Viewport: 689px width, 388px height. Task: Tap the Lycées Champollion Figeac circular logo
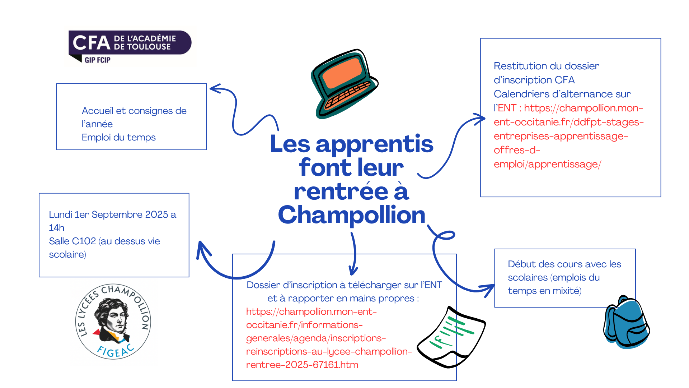[113, 322]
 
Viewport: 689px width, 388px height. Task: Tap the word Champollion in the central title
[352, 215]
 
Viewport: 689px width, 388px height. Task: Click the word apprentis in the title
[375, 144]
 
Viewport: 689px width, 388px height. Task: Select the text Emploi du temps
[118, 138]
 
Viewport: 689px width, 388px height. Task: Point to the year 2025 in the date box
[156, 214]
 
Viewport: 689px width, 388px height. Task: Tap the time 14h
[57, 228]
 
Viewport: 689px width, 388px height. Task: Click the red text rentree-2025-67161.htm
[302, 365]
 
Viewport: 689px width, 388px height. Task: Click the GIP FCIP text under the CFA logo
[97, 60]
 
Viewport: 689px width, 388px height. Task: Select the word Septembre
[117, 215]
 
